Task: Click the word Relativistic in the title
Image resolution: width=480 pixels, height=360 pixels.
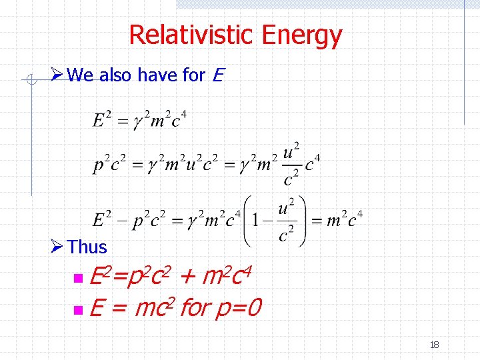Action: (193, 35)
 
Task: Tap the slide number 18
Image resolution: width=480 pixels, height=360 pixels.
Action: (435, 345)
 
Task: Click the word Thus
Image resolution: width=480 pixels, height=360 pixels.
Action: (87, 247)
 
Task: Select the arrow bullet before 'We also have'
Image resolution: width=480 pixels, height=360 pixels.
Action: (57, 75)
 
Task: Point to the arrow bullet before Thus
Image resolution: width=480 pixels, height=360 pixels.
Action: (57, 247)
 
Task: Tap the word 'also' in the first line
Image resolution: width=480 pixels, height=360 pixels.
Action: (116, 75)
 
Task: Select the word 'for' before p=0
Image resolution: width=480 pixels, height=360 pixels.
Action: (195, 308)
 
